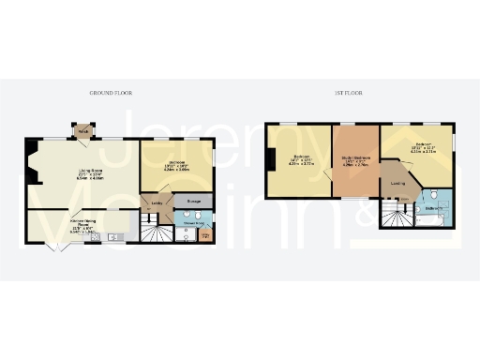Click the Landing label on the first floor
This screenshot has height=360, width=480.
(397, 183)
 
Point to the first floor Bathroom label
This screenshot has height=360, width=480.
(433, 208)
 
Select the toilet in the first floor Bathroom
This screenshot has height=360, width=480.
(434, 194)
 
